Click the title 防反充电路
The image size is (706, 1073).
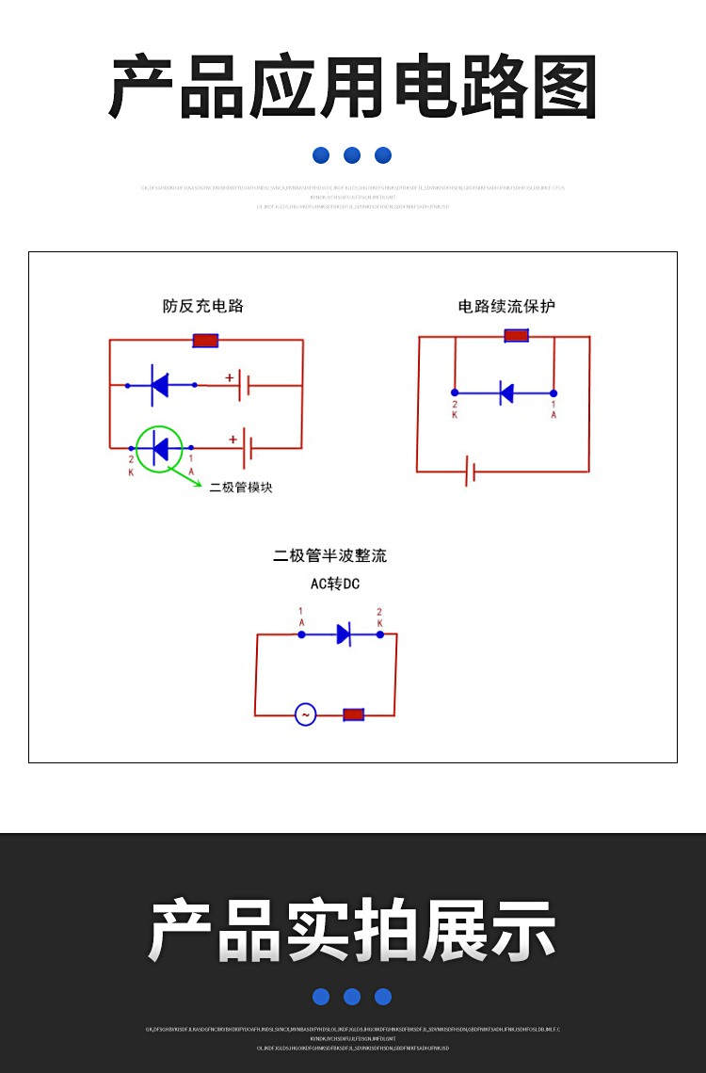[x=202, y=306]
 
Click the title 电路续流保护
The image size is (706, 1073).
[x=506, y=306]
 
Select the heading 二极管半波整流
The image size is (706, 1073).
[x=329, y=555]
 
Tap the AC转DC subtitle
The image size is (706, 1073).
[x=335, y=584]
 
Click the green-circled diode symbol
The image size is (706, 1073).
[x=160, y=448]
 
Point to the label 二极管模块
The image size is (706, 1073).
[x=241, y=488]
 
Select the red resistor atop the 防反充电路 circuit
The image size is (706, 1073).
[x=205, y=340]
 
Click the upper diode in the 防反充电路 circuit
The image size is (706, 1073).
[x=160, y=385]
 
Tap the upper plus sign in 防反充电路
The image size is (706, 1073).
[x=229, y=377]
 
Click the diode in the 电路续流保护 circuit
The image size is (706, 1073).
[x=505, y=392]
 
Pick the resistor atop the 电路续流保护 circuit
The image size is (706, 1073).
[x=516, y=335]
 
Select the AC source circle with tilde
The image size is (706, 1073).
[x=305, y=714]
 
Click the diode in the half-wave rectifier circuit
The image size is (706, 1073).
[x=344, y=634]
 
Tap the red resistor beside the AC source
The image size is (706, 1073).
[x=353, y=714]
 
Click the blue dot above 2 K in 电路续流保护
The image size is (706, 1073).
[x=455, y=392]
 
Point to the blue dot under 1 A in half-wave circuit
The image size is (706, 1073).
[x=301, y=634]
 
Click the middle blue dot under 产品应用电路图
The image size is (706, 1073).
[x=352, y=155]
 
